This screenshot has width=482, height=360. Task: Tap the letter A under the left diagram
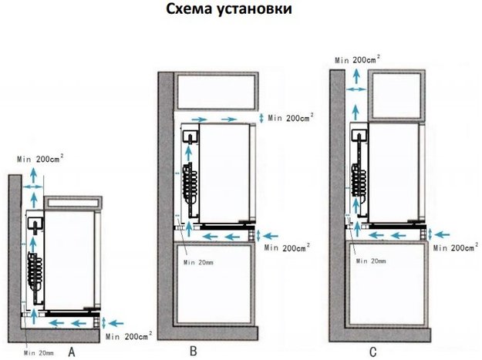(x=72, y=352)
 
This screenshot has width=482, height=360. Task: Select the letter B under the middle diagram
(x=194, y=352)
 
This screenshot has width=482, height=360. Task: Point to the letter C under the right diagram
(x=372, y=352)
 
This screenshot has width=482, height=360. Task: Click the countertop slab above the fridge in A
(x=73, y=202)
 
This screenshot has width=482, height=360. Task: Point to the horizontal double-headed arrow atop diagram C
(x=356, y=89)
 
